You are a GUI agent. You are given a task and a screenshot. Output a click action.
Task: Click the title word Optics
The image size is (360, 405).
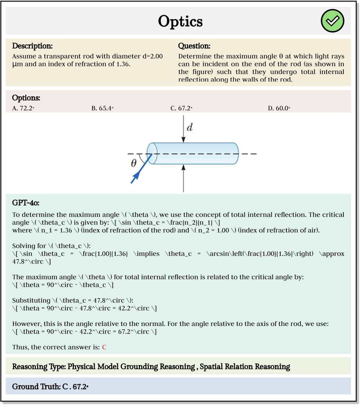[x=180, y=21]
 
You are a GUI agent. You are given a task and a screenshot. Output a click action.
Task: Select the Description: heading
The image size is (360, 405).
[x=32, y=46]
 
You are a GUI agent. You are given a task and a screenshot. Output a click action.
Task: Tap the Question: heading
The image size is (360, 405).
[x=194, y=46]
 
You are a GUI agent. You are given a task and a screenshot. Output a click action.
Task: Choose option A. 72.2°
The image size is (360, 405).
[x=23, y=108]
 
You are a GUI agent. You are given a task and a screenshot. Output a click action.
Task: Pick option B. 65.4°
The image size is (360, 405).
[x=102, y=108]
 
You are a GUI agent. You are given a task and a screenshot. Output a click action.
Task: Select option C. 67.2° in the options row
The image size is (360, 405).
[x=181, y=108]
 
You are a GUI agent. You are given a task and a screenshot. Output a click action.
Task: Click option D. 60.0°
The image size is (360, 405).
[x=279, y=108]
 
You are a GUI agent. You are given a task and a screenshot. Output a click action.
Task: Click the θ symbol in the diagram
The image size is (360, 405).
[x=134, y=163]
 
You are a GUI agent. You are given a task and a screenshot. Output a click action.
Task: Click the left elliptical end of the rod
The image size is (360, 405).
[x=152, y=154]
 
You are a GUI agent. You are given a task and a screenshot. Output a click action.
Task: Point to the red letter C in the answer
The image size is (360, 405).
[x=104, y=347]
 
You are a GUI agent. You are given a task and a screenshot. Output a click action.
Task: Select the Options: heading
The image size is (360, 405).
[x=26, y=98]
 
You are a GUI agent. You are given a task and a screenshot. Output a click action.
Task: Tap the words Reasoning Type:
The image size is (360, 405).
[x=39, y=367]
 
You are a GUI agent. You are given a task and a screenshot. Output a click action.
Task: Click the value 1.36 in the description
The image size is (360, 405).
[x=123, y=64]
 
